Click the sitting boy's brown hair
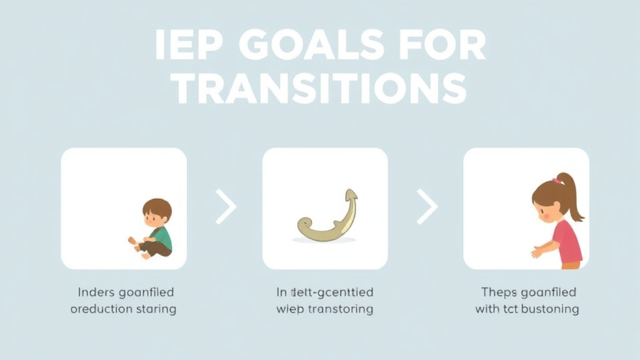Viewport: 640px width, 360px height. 157,208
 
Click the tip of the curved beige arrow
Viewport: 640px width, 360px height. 352,194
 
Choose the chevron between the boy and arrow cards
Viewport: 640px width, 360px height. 226,208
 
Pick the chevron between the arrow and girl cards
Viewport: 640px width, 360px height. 427,208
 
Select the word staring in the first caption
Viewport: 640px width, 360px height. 156,309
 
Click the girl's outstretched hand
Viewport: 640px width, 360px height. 537,252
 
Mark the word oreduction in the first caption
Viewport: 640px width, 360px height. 100,309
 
